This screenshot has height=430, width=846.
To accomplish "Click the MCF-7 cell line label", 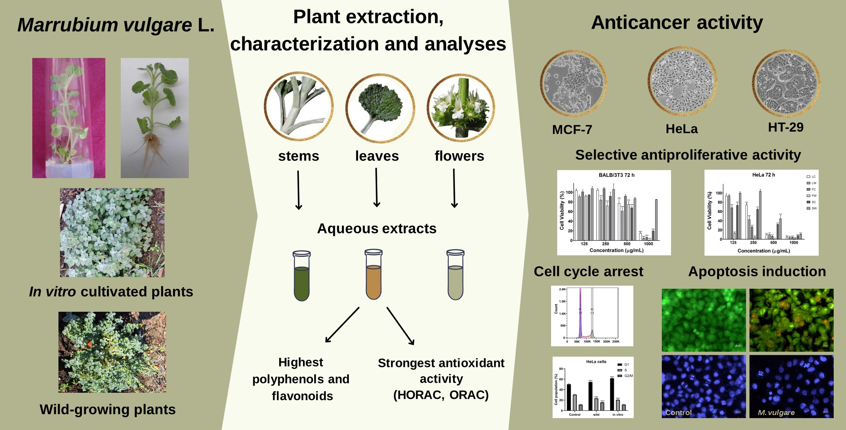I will pos(572,130).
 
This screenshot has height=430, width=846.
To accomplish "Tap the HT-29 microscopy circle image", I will pos(786,83).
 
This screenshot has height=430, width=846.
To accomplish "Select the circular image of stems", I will pos(298,106).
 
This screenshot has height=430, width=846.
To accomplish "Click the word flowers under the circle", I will pos(459,156).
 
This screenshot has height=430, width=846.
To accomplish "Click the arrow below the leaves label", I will pos(376,188).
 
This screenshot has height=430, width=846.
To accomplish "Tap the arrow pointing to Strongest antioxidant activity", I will pos(400,326).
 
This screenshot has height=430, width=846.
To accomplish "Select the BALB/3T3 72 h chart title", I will pos(616,175).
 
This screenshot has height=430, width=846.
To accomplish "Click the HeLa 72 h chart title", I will pos(763,175).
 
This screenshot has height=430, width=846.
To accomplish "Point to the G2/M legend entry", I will pos(628,376).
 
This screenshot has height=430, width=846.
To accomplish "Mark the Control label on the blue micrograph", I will pos(678,413).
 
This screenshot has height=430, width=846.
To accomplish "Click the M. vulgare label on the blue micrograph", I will pos(776,413).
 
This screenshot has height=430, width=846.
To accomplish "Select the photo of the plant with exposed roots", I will pos(155,118).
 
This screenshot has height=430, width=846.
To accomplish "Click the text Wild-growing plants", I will pos(108,410).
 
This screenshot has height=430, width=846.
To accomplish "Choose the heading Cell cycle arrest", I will pos(588,271).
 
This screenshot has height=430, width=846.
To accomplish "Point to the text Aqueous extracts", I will pos(376,229).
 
